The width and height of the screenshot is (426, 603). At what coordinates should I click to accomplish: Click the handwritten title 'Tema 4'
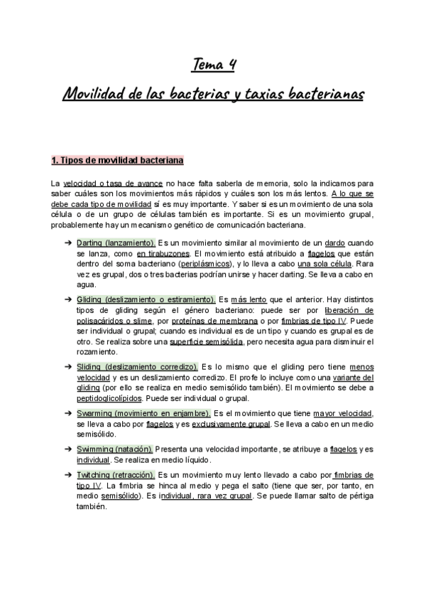tap(214, 65)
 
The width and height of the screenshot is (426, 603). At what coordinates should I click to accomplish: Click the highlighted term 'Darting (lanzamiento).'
tap(116, 243)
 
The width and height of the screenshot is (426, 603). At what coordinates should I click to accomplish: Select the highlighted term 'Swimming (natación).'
tap(114, 449)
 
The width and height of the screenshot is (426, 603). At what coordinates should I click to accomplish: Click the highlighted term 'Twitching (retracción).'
tap(116, 474)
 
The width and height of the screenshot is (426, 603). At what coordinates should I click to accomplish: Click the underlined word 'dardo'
tap(334, 243)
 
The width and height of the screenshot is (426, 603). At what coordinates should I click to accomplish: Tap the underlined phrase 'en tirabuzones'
tap(163, 253)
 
